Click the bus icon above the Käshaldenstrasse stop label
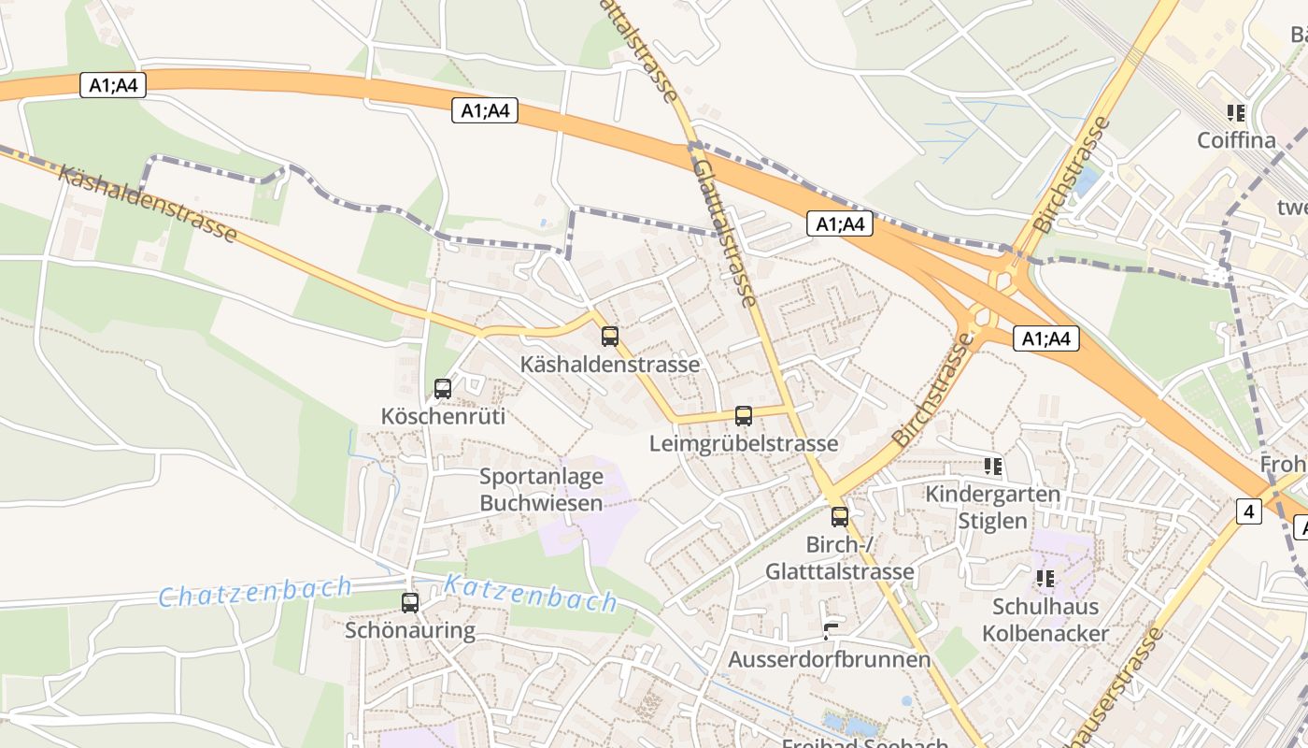click(610, 337)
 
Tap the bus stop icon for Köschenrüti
click(443, 389)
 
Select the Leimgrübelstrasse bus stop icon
click(744, 416)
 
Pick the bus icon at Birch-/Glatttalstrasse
click(840, 516)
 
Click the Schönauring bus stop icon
click(410, 603)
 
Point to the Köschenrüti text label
click(443, 416)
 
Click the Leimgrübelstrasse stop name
click(744, 443)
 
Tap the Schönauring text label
click(410, 630)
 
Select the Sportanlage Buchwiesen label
click(541, 490)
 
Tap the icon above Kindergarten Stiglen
click(992, 466)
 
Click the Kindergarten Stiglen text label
click(992, 507)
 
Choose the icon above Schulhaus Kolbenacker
click(1045, 579)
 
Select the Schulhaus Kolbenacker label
click(1045, 620)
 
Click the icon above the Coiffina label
click(1236, 113)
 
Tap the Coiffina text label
click(1236, 140)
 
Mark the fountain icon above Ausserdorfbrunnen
click(830, 631)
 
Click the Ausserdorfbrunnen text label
click(830, 659)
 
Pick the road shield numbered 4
click(1248, 511)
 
